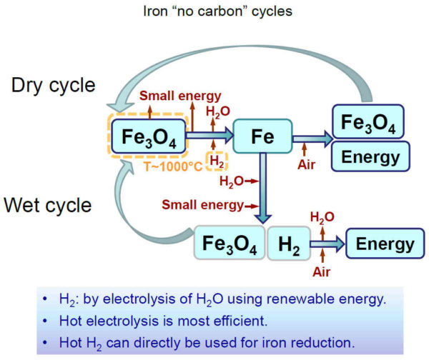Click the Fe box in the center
262,136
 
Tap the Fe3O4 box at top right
368,121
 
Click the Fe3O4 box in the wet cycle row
230,242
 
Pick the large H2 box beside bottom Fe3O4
289,243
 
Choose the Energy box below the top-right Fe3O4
370,156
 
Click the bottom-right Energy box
385,244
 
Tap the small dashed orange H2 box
217,161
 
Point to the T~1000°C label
173,166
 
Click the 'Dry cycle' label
54,85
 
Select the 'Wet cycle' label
48,205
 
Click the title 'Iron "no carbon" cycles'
218,11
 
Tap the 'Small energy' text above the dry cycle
180,96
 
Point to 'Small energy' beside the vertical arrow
202,205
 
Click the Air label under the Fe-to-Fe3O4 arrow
307,164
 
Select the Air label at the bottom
322,272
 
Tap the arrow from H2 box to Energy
327,244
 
